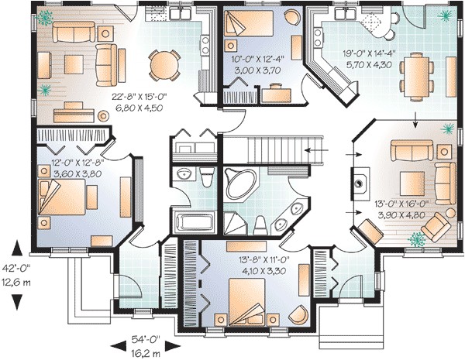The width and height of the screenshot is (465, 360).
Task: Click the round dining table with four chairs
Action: tap(164, 65)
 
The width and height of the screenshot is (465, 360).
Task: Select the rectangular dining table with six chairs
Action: tap(417, 77)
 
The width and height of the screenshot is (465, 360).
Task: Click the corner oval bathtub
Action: tap(241, 184)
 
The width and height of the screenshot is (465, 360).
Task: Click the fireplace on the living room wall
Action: tap(360, 184)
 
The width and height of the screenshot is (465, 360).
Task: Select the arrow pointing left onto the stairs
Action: tap(317, 150)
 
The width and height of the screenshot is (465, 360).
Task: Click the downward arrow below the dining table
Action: tap(415, 120)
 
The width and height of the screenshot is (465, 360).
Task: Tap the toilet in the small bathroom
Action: tap(207, 177)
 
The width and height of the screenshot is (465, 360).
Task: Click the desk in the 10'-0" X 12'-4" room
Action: tap(277, 94)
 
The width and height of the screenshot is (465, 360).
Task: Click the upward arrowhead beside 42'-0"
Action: tap(17, 248)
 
